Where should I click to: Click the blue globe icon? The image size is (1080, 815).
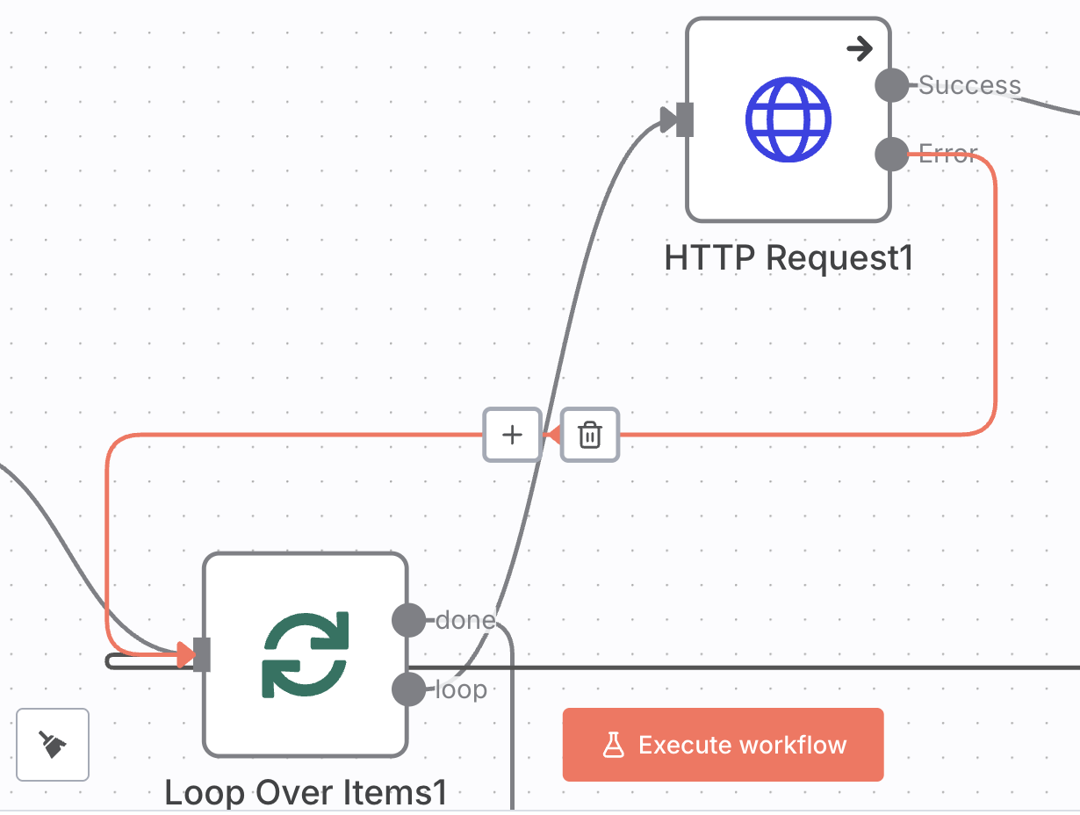coord(787,120)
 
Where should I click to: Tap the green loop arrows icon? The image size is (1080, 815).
coord(306,654)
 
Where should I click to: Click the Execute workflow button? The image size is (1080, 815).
coord(723,745)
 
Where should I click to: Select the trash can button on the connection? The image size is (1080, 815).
coord(590,435)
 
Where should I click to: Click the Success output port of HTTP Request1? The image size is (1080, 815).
coord(892,85)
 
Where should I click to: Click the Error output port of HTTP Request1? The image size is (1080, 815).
coord(892,155)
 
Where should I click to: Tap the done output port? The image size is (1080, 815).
coord(408,620)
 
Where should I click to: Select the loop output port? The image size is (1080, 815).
coord(408,689)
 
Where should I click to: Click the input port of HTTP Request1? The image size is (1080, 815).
coord(685,120)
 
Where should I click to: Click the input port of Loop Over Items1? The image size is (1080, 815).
coord(202,654)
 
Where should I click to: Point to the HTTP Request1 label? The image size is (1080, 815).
coord(788,258)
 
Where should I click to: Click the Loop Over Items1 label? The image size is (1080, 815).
coord(306,793)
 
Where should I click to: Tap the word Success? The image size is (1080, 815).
coord(969,85)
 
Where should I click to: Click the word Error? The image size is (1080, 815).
coord(947,155)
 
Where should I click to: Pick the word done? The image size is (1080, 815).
coord(465,620)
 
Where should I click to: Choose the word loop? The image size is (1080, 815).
coord(461,690)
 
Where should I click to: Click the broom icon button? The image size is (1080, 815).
coord(53,745)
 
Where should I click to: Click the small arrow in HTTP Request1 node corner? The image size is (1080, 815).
coord(860,49)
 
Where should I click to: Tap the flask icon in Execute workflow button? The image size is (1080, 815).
coord(613,746)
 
